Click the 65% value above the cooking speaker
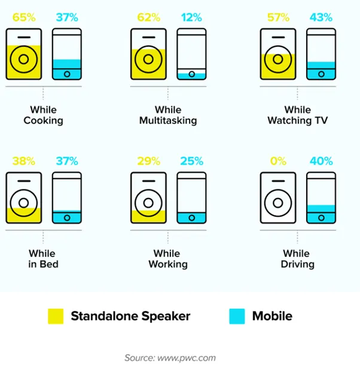pos(24,17)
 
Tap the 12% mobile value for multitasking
pos(191,17)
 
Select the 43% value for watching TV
pos(321,17)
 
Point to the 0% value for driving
pos(278,161)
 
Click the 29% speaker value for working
pos(148,161)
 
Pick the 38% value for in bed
pos(24,161)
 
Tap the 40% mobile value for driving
pos(321,161)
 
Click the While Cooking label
pos(43,115)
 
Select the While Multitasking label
pos(168,115)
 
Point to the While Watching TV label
pos(298,115)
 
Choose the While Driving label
pos(297,259)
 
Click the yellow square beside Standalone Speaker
pos(56,316)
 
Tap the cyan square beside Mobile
pos(237,316)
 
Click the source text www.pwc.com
pos(187,358)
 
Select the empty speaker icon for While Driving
pos(278,198)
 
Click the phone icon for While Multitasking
pos(191,54)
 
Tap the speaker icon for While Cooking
pos(24,54)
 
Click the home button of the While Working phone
pos(191,218)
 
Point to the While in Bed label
pos(43,259)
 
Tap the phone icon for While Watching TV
pos(321,54)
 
